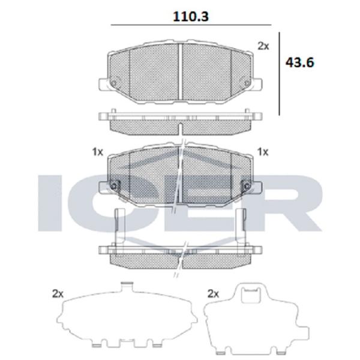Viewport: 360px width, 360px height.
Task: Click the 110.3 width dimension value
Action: (191, 17)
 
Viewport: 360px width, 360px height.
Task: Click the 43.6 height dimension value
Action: (299, 62)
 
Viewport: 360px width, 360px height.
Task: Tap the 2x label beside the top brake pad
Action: (263, 46)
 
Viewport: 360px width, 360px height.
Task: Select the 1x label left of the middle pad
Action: (98, 152)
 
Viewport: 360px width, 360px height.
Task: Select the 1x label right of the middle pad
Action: (263, 152)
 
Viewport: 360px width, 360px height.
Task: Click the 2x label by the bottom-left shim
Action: (58, 293)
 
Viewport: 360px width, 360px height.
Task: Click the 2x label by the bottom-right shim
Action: (213, 293)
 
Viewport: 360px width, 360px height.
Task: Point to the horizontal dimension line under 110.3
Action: (191, 25)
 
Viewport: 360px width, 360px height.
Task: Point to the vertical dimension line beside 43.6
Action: (279, 73)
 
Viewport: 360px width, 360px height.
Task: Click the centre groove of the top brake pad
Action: (180, 72)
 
